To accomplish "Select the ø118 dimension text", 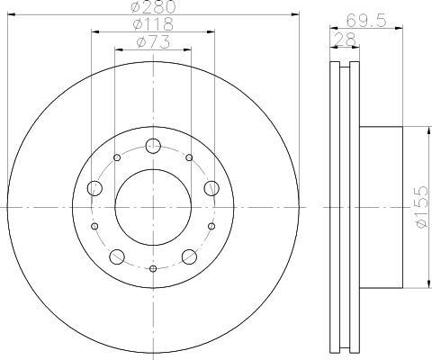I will click(x=154, y=25).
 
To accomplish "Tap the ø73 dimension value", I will click(x=154, y=42).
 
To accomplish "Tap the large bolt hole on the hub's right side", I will click(x=211, y=187).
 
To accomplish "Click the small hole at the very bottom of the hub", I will click(x=153, y=269).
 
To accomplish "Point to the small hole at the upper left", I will click(x=117, y=158).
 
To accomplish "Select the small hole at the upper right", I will click(x=189, y=158).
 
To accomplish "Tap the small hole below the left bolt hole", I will click(x=95, y=227).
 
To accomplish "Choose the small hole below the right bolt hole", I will click(x=211, y=227).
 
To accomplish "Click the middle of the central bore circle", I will click(x=153, y=207).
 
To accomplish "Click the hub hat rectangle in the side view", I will click(x=380, y=207).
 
